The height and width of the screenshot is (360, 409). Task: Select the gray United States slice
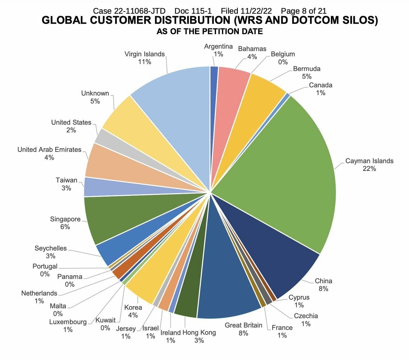click(x=109, y=138)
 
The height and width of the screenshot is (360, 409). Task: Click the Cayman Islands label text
click(x=369, y=161)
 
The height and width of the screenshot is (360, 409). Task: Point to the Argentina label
click(x=218, y=46)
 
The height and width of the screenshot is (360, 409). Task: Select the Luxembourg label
click(x=68, y=322)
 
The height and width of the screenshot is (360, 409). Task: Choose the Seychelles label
click(x=50, y=248)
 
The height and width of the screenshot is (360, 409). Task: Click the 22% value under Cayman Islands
click(x=369, y=169)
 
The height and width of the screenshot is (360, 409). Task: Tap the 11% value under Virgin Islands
click(x=145, y=62)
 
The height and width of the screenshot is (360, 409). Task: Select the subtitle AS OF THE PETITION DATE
click(x=210, y=32)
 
